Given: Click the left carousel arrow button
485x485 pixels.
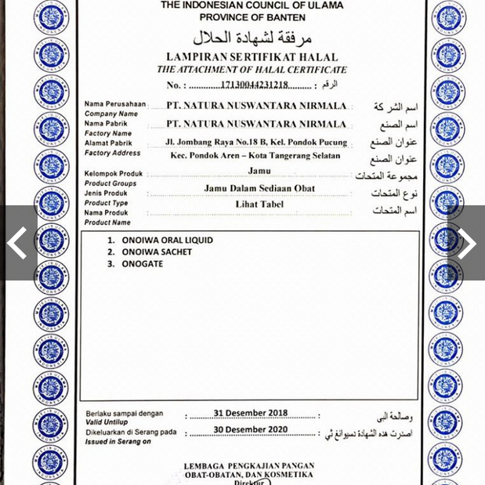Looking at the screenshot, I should pyautogui.click(x=17, y=244).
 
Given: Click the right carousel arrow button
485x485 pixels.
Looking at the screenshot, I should pyautogui.click(x=467, y=244).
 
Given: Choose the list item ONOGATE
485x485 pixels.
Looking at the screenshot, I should pyautogui.click(x=143, y=264).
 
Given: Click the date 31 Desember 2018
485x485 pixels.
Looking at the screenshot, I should pyautogui.click(x=251, y=413).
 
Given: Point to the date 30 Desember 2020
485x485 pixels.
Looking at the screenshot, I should pyautogui.click(x=251, y=430).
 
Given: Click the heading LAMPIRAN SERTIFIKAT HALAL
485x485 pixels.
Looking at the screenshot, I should pyautogui.click(x=252, y=57).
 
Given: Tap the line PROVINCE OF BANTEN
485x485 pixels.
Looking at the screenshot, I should pyautogui.click(x=252, y=17).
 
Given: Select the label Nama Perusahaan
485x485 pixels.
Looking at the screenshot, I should pyautogui.click(x=115, y=104).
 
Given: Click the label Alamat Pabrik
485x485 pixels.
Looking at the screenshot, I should pyautogui.click(x=109, y=143).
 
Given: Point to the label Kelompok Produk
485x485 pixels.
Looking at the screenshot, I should pyautogui.click(x=114, y=174).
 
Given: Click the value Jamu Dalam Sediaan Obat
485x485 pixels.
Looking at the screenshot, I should pyautogui.click(x=259, y=188).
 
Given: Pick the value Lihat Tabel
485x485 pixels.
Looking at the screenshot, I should pyautogui.click(x=259, y=204).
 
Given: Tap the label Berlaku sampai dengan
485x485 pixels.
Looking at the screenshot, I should pyautogui.click(x=125, y=414).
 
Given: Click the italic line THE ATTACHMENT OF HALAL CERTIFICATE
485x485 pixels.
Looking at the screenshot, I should pyautogui.click(x=252, y=70).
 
